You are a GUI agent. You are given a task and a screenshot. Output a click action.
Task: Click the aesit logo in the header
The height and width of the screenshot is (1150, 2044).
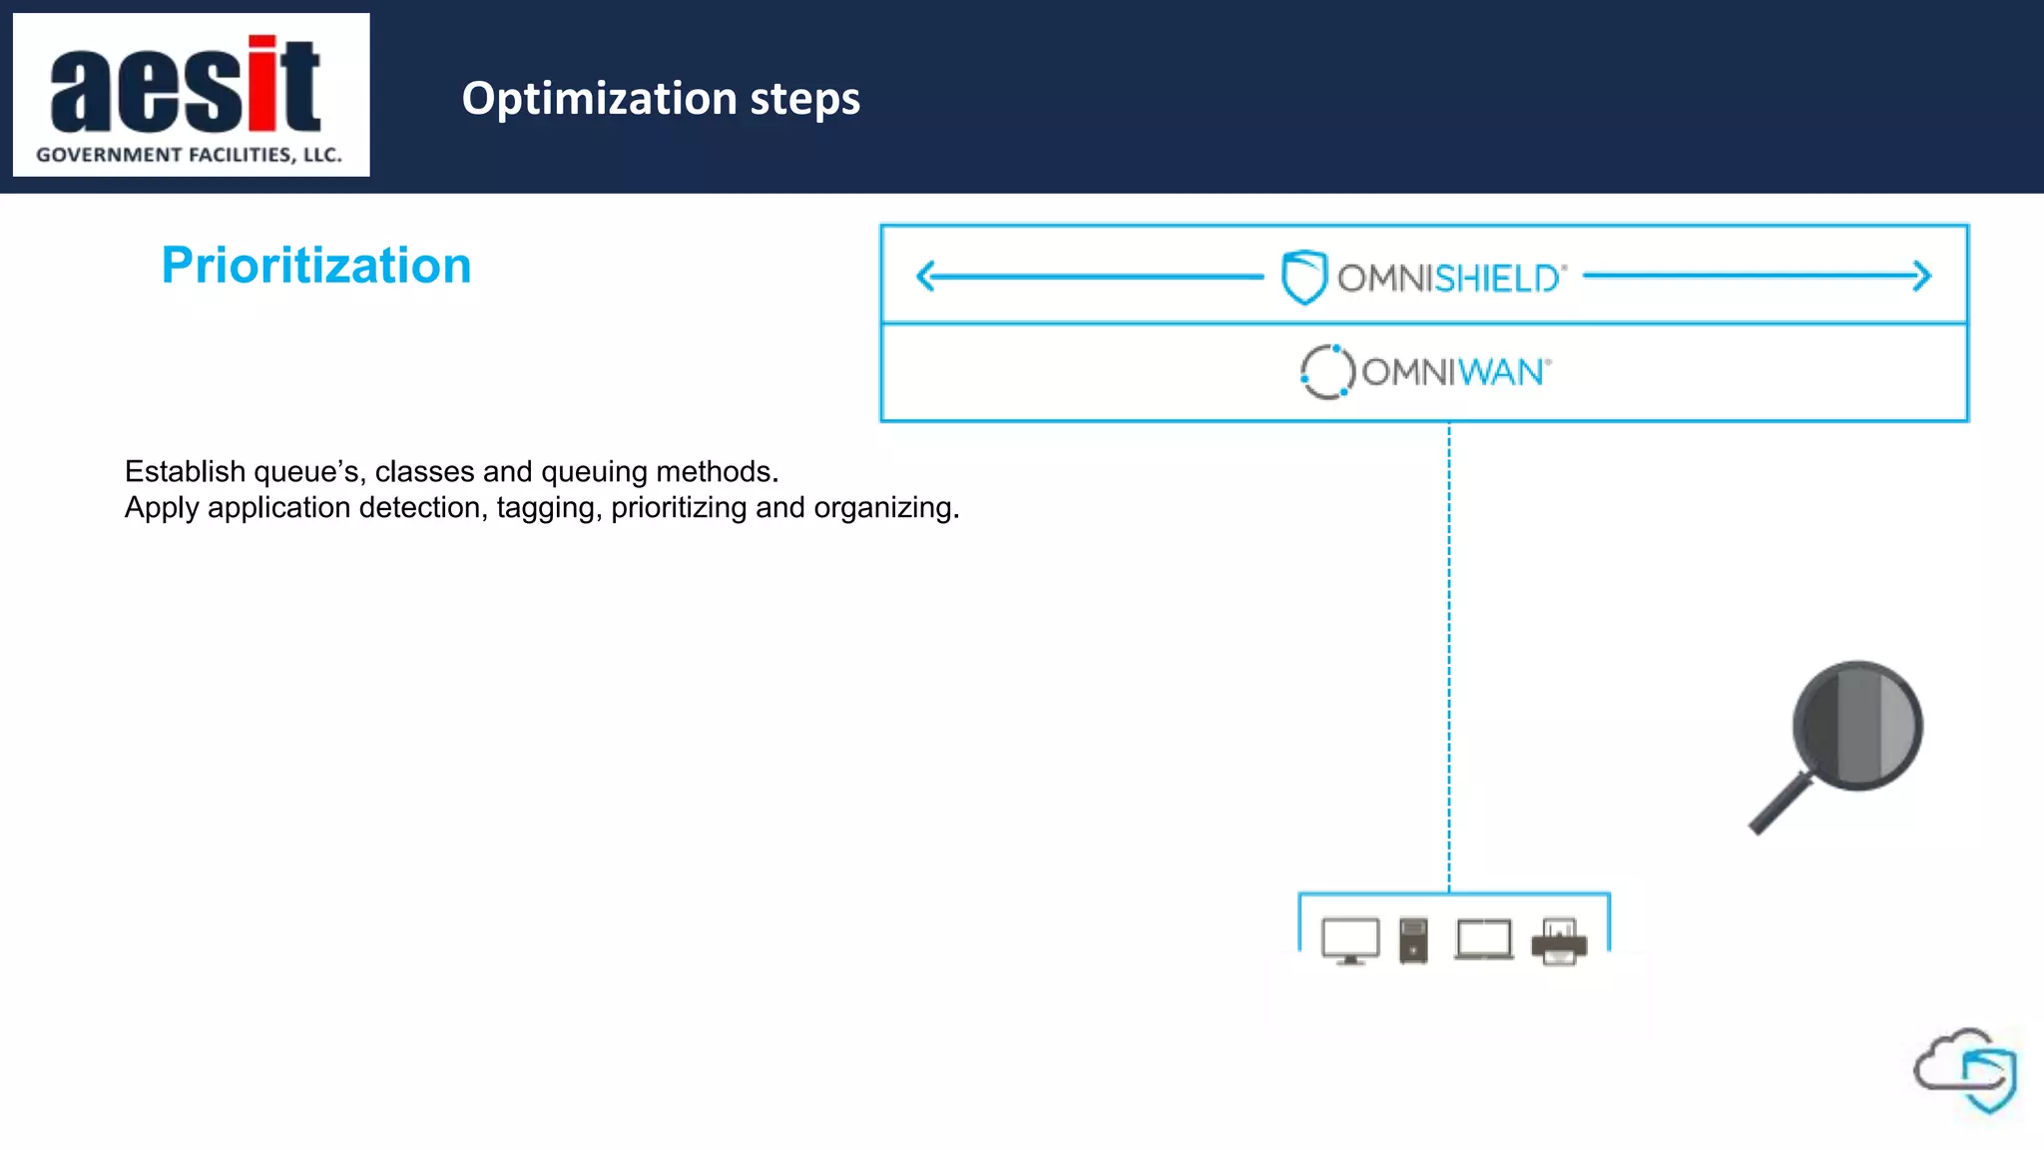click(x=191, y=95)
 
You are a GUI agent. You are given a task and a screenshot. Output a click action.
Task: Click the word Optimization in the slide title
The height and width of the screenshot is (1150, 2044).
click(x=599, y=99)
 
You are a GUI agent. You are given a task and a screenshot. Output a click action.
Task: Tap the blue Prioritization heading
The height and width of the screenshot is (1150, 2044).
click(x=316, y=266)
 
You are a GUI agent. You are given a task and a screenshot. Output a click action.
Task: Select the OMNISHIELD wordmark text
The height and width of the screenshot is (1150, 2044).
click(x=1451, y=279)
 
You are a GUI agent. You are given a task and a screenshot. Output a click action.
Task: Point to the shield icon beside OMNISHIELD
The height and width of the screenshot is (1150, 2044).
click(x=1303, y=277)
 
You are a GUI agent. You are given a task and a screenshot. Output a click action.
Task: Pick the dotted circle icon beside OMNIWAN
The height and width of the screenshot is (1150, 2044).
click(x=1326, y=372)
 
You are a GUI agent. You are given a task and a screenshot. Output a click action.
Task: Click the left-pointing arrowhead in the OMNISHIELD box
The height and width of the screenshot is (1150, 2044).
click(x=925, y=276)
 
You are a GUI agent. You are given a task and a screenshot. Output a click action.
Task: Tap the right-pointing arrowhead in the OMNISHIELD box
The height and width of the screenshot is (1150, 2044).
click(x=1922, y=276)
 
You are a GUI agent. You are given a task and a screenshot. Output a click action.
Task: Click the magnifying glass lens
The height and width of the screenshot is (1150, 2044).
click(x=1857, y=726)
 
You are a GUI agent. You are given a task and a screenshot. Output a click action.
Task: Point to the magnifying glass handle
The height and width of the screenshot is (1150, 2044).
click(x=1781, y=805)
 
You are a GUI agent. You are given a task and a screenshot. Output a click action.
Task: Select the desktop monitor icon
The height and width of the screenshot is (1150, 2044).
click(x=1350, y=940)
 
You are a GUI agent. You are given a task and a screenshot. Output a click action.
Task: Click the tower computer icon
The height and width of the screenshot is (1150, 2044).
click(x=1413, y=940)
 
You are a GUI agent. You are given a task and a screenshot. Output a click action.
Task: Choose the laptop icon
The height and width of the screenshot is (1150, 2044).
click(x=1484, y=940)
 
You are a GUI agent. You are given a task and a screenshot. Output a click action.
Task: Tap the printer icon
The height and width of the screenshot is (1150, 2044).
click(x=1559, y=942)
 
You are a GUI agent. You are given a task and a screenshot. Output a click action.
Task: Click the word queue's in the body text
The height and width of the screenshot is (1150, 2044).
click(x=305, y=471)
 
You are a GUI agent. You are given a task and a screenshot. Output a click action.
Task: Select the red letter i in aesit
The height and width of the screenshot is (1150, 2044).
click(x=261, y=84)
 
